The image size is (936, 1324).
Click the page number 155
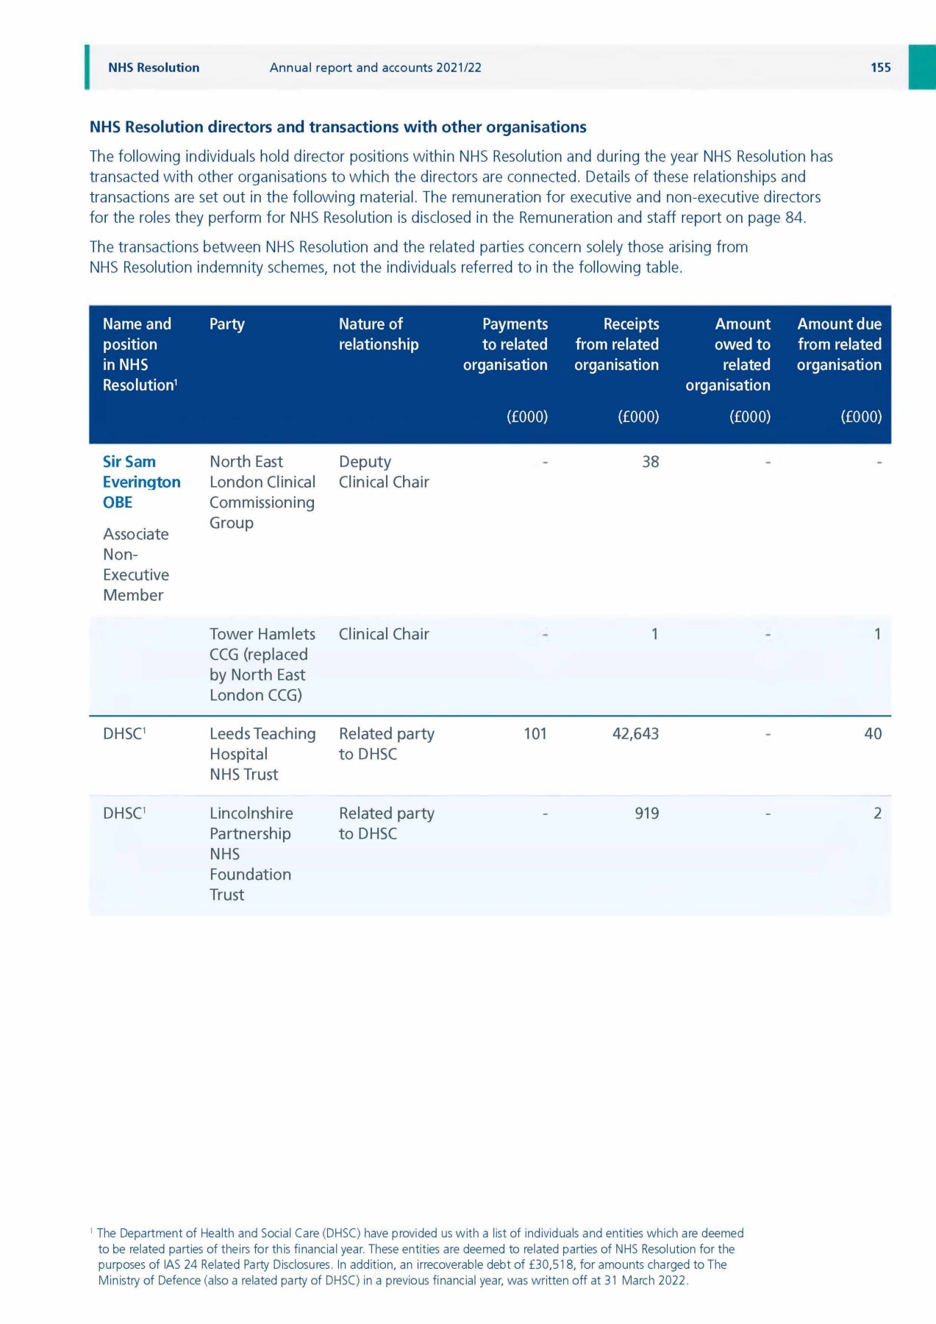coord(880,68)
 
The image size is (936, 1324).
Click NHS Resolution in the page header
coord(154,68)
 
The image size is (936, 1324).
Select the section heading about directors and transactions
coord(337,127)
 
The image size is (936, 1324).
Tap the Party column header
coord(226,324)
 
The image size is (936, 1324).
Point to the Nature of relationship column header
coord(378,334)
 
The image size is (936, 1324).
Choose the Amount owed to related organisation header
coord(728,355)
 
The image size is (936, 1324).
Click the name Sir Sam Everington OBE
coord(141,482)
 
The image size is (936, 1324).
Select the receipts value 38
coord(650,462)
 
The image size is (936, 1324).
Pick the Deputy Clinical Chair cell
coord(383,472)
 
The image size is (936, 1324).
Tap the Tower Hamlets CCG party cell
coord(262,664)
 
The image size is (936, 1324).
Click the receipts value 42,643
coord(635,734)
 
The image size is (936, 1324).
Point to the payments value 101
coord(535,734)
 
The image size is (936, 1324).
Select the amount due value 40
coord(872,734)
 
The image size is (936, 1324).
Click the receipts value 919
coord(646,814)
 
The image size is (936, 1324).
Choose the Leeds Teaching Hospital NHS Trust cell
coord(262,754)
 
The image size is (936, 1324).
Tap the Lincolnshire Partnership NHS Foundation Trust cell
coord(251,854)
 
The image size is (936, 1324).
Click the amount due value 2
coord(876,814)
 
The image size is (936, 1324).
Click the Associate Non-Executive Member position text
coord(136,565)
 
